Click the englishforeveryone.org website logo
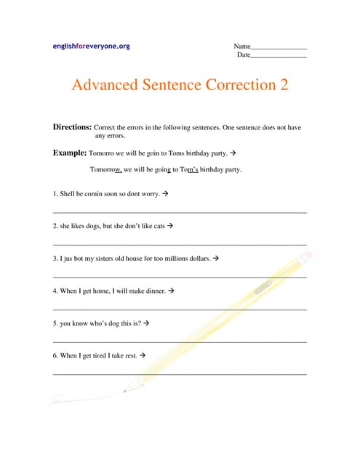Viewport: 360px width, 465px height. tap(92, 46)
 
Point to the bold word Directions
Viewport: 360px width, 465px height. tap(72, 126)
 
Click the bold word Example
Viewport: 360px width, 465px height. tap(69, 153)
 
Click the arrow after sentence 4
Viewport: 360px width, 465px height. tap(171, 291)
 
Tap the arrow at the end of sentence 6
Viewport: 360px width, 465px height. tap(143, 355)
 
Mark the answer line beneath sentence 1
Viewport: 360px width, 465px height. tap(180, 211)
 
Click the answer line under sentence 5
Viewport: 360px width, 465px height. tap(180, 341)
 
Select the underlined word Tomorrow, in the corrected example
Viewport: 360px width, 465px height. tap(106, 169)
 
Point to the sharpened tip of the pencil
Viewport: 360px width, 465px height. tap(125, 391)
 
